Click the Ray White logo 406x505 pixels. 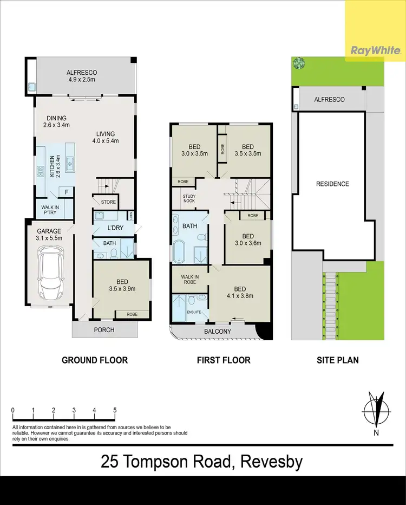click(376, 51)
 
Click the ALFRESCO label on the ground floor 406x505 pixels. click(81, 72)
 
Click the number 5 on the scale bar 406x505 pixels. click(115, 410)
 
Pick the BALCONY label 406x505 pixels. click(218, 332)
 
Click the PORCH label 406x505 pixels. click(104, 329)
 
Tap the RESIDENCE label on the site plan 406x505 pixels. click(332, 184)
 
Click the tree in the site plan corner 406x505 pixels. click(298, 63)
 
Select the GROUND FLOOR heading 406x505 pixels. click(95, 360)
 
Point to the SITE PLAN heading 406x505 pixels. click(338, 360)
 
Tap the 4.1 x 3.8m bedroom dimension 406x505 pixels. click(239, 296)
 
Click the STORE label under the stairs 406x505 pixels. click(108, 202)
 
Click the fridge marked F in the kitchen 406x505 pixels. click(67, 191)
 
